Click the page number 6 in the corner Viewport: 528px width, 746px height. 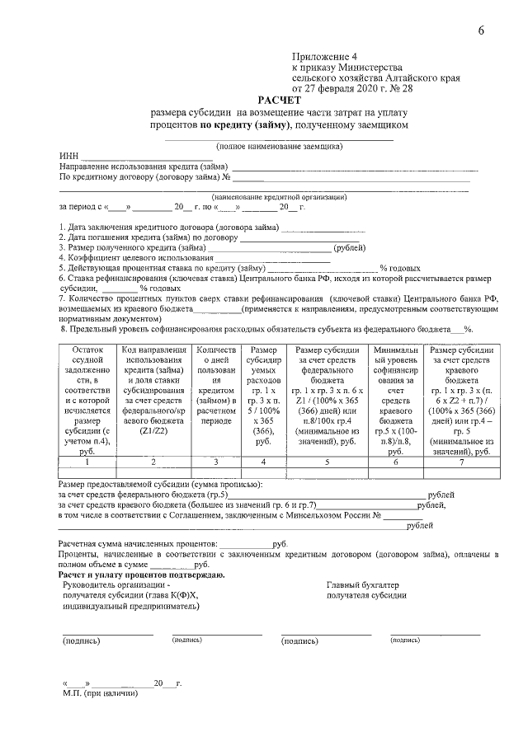pos(481,30)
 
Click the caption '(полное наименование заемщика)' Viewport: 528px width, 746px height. pos(279,146)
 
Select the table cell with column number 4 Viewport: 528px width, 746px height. pos(263,462)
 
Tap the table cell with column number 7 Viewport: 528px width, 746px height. pos(462,462)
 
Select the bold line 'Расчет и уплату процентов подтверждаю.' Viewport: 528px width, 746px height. pos(141,574)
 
